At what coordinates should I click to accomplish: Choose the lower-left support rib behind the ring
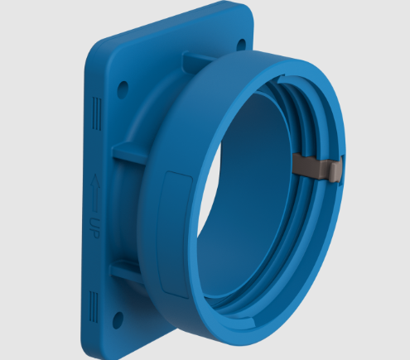124,270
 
